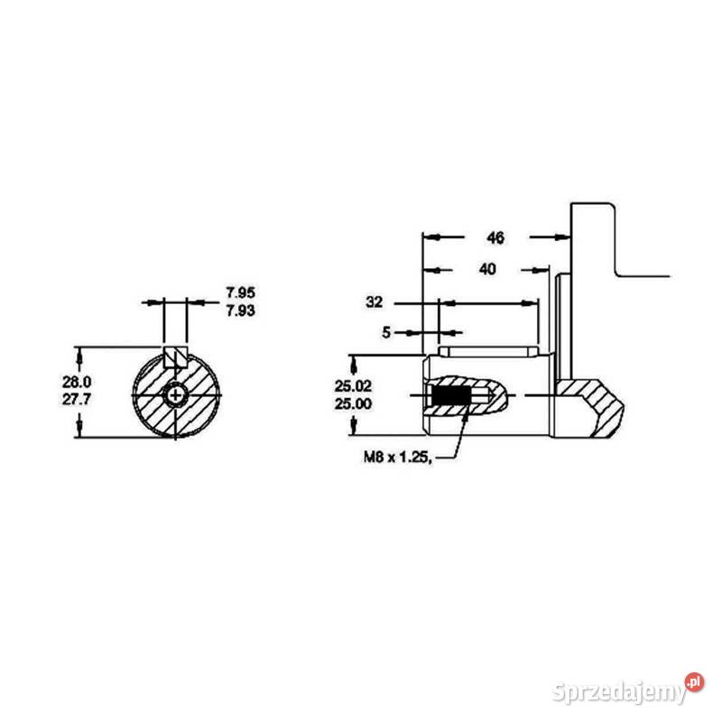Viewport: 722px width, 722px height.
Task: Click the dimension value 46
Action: (x=495, y=238)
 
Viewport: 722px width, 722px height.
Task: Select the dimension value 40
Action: (x=487, y=269)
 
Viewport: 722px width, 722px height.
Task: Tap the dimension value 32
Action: (x=375, y=301)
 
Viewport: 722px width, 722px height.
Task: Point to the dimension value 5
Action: (x=386, y=332)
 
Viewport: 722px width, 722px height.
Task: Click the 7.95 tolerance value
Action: (x=241, y=292)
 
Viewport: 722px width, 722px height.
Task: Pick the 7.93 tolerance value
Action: (x=241, y=310)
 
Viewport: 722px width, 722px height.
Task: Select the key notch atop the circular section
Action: (x=176, y=356)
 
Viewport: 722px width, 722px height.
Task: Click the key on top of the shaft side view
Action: (x=487, y=348)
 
